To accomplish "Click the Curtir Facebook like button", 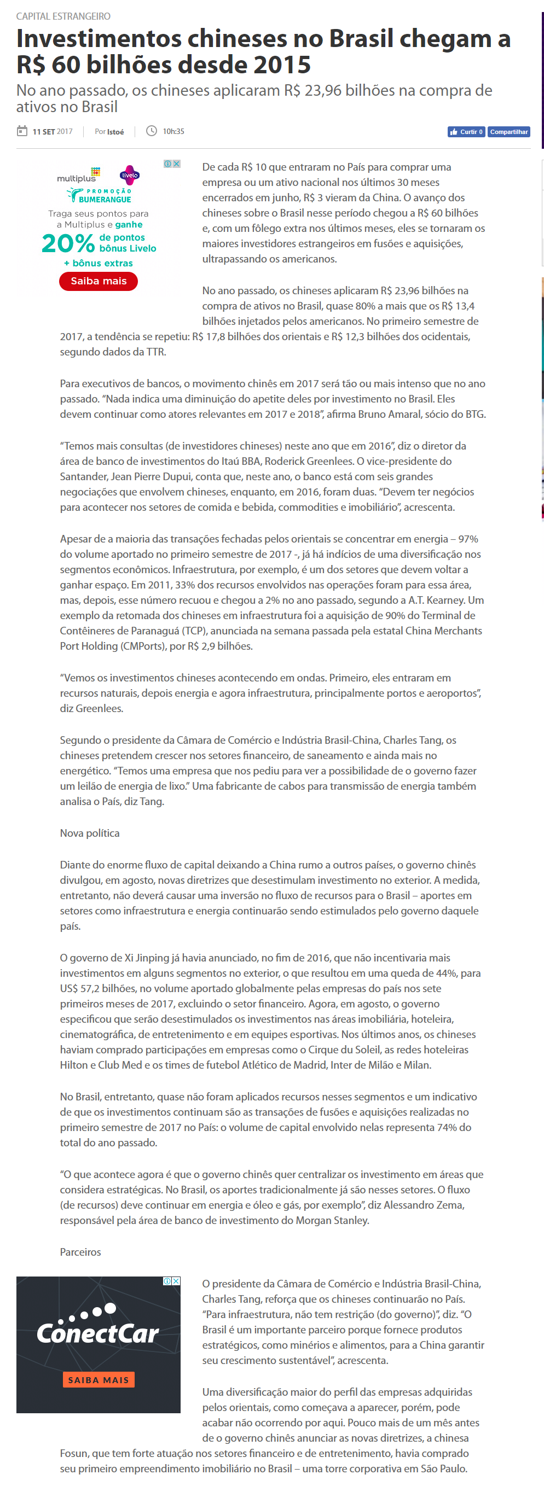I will coord(466,132).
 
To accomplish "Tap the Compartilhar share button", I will coord(508,132).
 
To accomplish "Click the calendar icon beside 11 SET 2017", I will coord(22,131).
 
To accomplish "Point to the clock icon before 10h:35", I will coord(151,131).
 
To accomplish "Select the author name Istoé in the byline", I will coord(115,132).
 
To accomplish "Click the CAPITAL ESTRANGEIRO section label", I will coord(63,16).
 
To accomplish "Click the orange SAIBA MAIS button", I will coord(99,1380).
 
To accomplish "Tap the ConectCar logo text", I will coord(97,1334).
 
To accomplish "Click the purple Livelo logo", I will coord(130,175).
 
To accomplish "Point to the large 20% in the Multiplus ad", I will coord(68,243).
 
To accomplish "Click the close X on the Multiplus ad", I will coord(177,164).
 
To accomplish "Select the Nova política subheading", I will coord(90,833).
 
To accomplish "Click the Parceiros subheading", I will coord(80,1252).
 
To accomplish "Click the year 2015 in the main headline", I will coord(282,65).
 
